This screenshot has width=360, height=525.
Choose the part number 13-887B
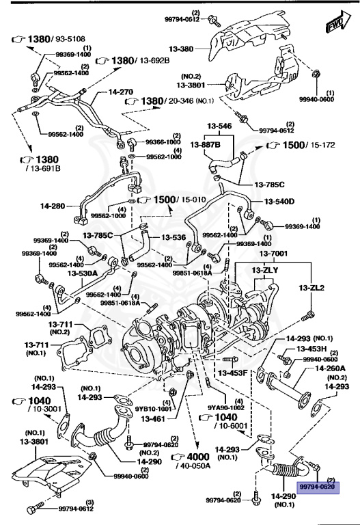click(x=206, y=145)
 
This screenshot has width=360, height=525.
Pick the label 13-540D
click(x=280, y=201)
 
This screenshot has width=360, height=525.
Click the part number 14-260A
click(x=330, y=368)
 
